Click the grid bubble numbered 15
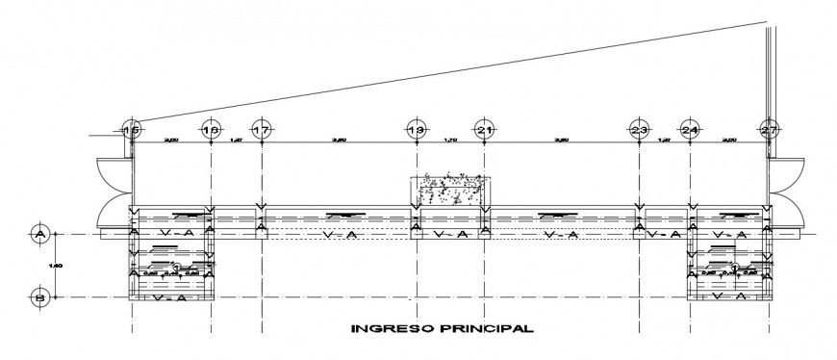point(133,129)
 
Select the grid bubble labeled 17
point(261,129)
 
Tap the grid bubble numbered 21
point(485,129)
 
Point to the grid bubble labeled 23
point(639,129)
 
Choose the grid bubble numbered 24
point(689,129)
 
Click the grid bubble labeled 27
point(768,129)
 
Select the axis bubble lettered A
point(39,233)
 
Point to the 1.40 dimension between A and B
point(55,265)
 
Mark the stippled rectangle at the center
point(450,190)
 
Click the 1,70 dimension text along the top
point(450,141)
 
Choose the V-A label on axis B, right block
point(731,297)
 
